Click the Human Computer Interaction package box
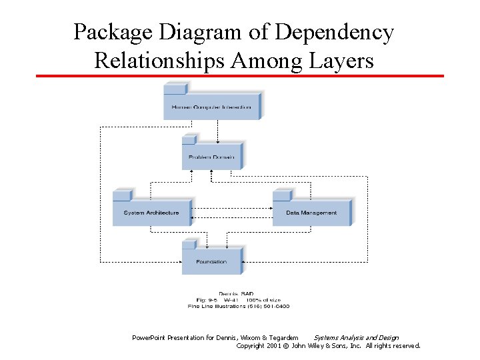click(211, 106)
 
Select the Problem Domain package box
click(211, 156)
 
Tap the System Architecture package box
click(151, 212)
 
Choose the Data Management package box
click(311, 212)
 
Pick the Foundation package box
click(211, 261)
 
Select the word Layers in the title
click(342, 61)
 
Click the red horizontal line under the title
click(240, 76)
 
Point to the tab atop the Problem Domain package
click(189, 138)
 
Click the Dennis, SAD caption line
click(236, 294)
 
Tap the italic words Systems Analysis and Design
click(356, 337)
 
